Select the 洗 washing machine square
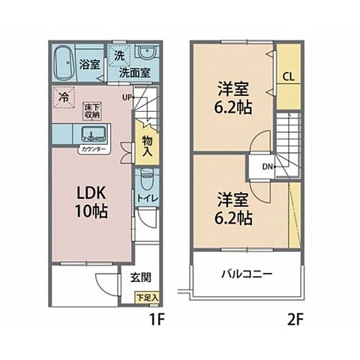pos(121,55)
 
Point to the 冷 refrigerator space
pos(66,97)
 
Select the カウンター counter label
pos(94,150)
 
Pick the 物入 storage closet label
pos(147,146)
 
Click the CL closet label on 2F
pos(288,76)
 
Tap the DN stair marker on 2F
pos(268,166)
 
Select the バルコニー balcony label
pos(246,273)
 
